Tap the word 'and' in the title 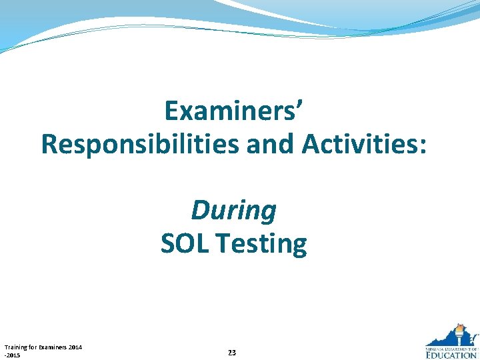pyautogui.click(x=272, y=144)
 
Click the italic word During pyautogui.click(x=233, y=211)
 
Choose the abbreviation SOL pyautogui.click(x=185, y=244)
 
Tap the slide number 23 pyautogui.click(x=231, y=352)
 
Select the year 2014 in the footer pyautogui.click(x=75, y=347)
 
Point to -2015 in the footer pyautogui.click(x=12, y=355)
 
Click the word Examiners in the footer pyautogui.click(x=49, y=347)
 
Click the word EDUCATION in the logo pyautogui.click(x=451, y=355)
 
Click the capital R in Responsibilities pyautogui.click(x=50, y=144)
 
